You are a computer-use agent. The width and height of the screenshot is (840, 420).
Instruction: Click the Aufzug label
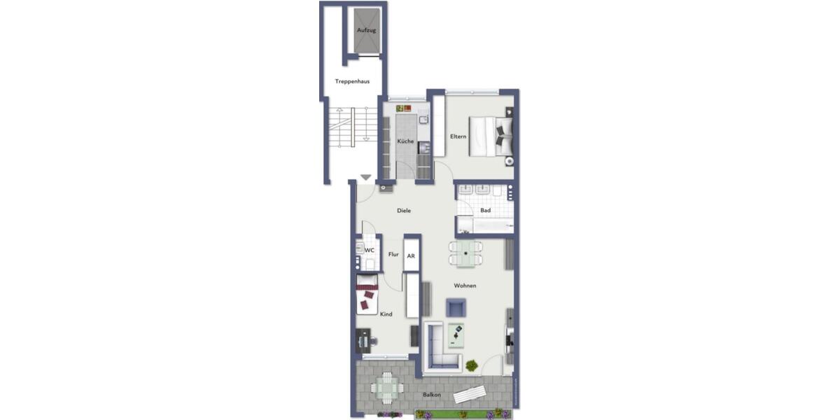click(367, 30)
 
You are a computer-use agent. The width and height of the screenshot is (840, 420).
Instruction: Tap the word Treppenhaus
click(352, 81)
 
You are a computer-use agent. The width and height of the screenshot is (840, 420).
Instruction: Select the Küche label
click(405, 141)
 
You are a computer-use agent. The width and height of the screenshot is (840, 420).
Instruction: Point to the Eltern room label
click(458, 136)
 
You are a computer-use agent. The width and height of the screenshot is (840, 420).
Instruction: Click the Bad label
click(485, 210)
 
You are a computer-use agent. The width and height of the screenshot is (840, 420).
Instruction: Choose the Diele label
click(404, 211)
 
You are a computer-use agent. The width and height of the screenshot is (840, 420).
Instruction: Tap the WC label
click(370, 250)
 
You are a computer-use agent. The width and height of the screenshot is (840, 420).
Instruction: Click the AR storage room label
click(411, 256)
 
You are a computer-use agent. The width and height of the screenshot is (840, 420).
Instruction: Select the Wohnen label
click(465, 286)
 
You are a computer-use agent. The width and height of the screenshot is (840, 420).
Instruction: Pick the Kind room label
click(386, 314)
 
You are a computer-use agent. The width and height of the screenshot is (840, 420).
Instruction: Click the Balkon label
click(432, 395)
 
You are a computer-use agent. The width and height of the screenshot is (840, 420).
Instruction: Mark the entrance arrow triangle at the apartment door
click(365, 178)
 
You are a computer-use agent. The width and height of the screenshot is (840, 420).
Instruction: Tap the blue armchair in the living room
click(456, 307)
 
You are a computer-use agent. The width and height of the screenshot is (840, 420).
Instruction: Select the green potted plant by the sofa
click(472, 365)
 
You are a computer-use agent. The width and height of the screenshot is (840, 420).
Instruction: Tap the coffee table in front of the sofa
click(456, 336)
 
